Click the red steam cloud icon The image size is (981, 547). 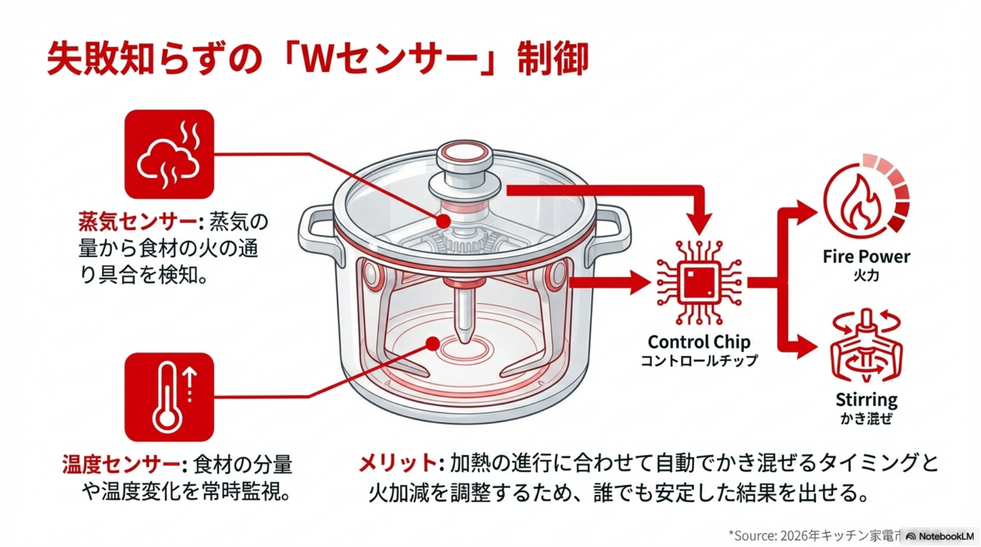169,154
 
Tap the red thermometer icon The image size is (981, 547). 169,397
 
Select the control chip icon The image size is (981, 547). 699,283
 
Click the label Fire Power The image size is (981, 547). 866,256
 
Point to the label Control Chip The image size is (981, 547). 699,342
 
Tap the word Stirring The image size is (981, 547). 866,400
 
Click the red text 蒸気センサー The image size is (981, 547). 137,221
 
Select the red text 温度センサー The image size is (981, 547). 121,464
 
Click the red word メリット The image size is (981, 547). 398,463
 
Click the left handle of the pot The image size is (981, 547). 316,235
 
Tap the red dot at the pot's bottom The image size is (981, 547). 433,343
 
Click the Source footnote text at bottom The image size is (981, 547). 813,535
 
